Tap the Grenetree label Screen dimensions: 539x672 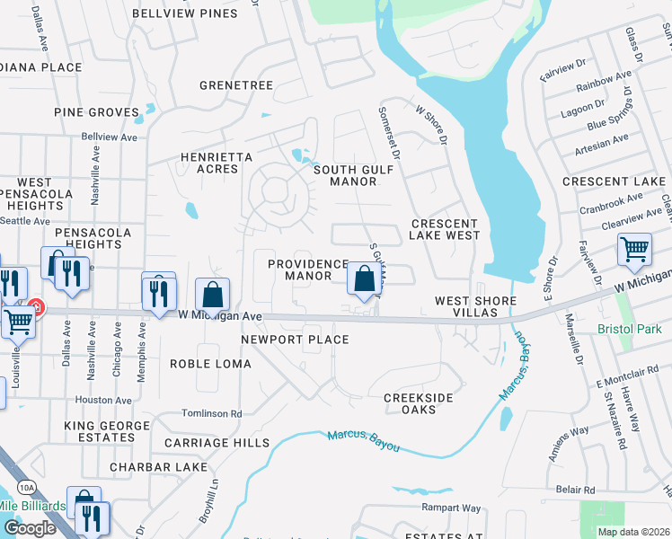point(236,85)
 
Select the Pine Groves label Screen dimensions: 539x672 point(96,112)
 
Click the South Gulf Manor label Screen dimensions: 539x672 point(345,175)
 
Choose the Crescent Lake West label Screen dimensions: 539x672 point(446,229)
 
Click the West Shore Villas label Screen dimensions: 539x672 point(476,306)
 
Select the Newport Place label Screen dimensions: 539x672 point(295,340)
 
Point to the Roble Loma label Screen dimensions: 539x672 point(210,364)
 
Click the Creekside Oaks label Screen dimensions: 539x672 point(418,403)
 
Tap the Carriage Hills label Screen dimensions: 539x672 point(217,443)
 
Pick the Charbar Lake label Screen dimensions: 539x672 point(159,467)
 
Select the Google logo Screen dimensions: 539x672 point(30,528)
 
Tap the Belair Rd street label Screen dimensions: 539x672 point(576,490)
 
